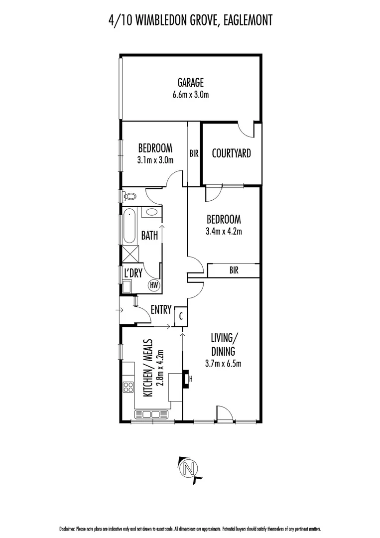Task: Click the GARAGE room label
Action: click(191, 83)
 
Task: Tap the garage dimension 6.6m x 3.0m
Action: click(191, 94)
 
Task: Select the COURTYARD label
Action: click(231, 153)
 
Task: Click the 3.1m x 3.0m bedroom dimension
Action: click(155, 160)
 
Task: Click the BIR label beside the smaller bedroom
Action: click(194, 154)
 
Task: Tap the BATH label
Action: click(149, 235)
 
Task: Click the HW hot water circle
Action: click(154, 285)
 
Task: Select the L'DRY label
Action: click(133, 273)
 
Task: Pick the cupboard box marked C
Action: click(180, 315)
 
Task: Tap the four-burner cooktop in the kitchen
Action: click(128, 387)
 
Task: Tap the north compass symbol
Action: click(189, 469)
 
